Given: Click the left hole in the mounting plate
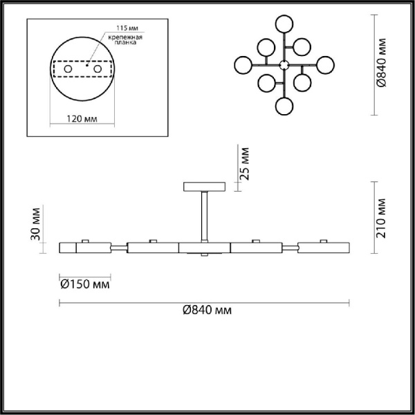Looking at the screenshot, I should coord(67,71).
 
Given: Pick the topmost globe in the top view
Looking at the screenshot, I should coord(283,22).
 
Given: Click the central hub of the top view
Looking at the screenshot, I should coord(283,65).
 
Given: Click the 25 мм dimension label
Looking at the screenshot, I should coord(243,163).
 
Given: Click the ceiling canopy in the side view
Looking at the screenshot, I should coord(204,187).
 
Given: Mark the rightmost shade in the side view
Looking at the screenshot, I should coord(324,248).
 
